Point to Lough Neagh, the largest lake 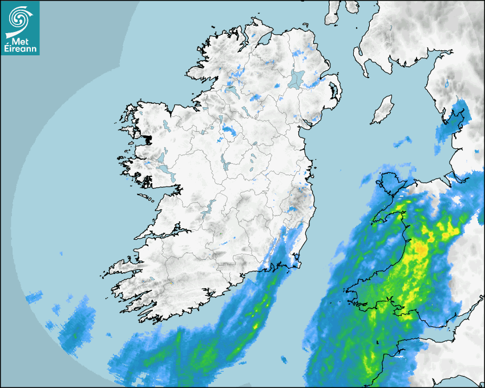pyautogui.click(x=297, y=78)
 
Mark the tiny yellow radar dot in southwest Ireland pyautogui.click(x=171, y=282)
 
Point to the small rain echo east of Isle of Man pyautogui.click(x=403, y=141)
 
